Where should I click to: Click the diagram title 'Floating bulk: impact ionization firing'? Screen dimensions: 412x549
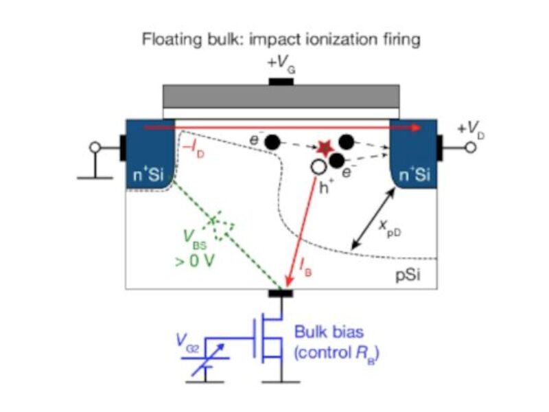click(280, 39)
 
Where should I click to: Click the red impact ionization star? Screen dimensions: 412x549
click(324, 148)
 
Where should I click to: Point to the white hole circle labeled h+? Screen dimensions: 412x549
click(317, 166)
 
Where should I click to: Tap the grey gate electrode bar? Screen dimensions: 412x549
click(281, 96)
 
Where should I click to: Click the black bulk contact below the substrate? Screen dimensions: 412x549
click(281, 293)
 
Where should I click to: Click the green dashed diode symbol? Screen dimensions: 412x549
click(222, 227)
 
